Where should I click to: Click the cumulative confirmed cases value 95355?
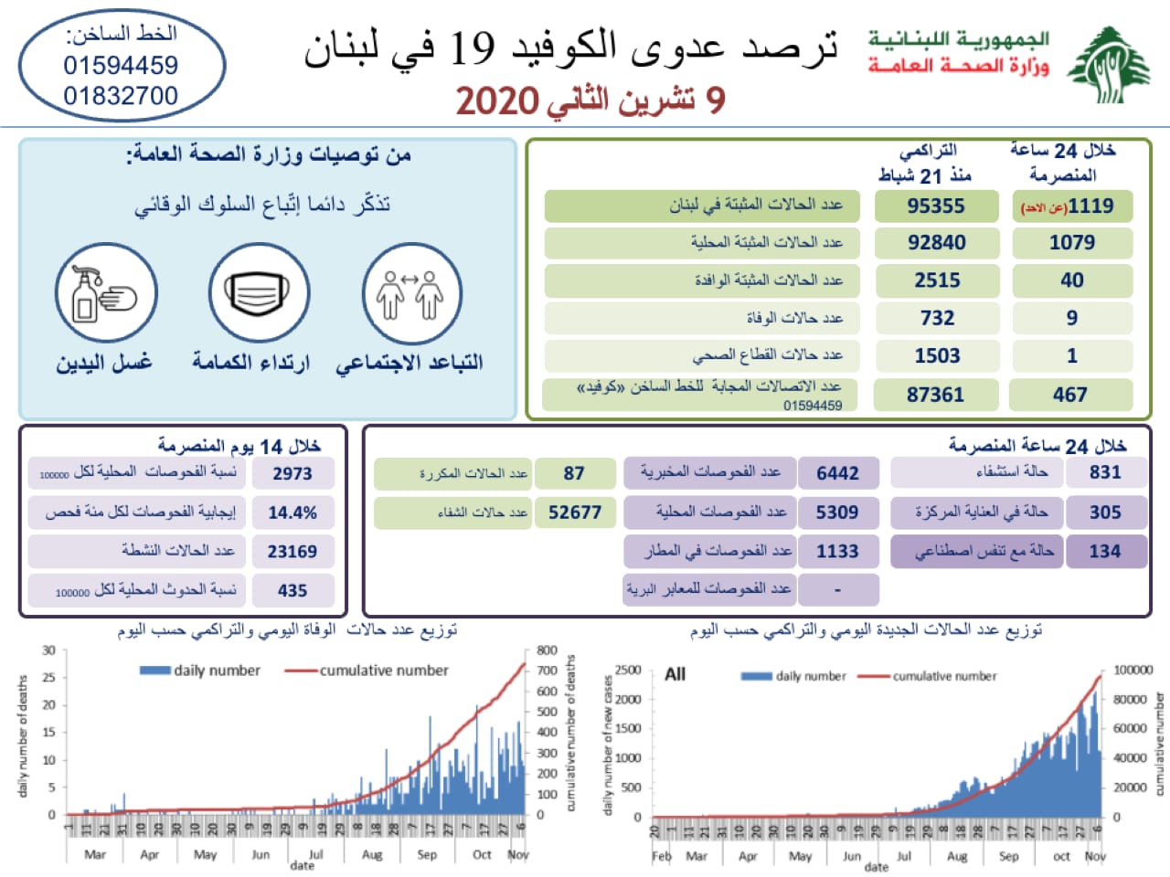point(935,206)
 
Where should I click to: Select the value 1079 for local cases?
point(1071,243)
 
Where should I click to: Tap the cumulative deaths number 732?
point(937,318)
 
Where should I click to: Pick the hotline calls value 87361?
point(935,395)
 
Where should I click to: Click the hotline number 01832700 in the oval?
point(121,96)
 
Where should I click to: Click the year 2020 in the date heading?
point(496,100)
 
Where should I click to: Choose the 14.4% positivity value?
point(292,513)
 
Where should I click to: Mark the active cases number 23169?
point(292,552)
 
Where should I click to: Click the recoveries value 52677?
point(574,512)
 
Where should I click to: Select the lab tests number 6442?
point(837,473)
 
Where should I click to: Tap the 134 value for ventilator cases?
point(1104,551)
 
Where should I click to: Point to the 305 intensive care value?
point(1104,512)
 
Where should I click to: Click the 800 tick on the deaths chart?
point(547,650)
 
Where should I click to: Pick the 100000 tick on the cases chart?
point(1133,670)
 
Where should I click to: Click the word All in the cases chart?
point(675,674)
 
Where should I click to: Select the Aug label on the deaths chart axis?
point(372,855)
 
